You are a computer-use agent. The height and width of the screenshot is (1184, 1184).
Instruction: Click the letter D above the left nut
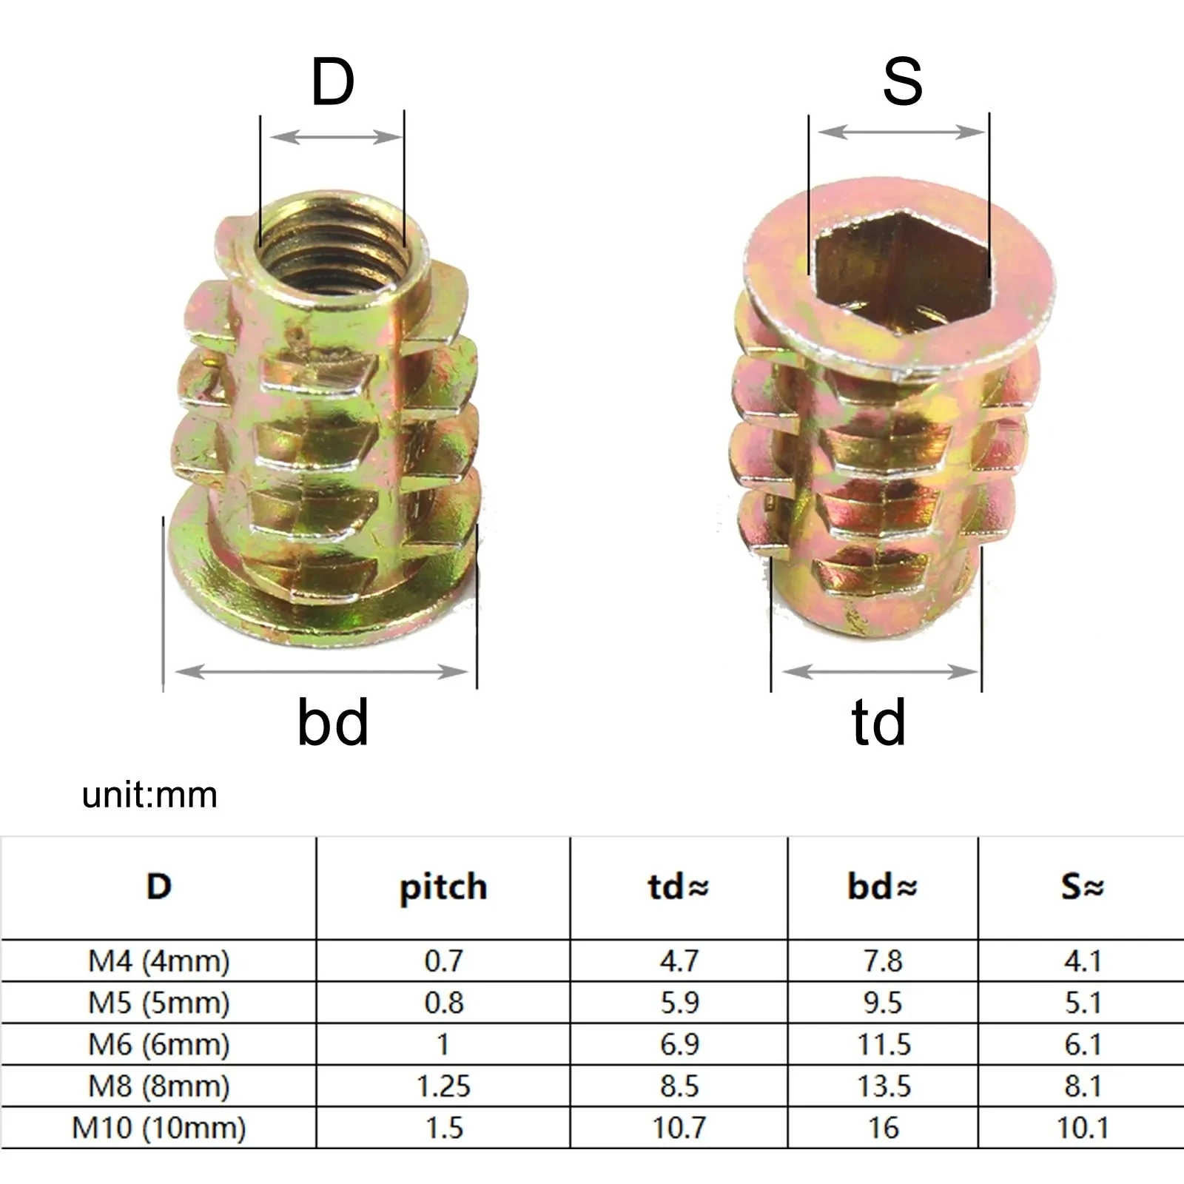[x=332, y=82]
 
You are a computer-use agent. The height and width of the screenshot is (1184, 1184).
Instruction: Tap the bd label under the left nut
[x=332, y=722]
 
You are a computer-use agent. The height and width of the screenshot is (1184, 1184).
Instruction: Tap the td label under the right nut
[x=878, y=722]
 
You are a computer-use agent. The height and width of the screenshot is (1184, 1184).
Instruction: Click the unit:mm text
[x=149, y=795]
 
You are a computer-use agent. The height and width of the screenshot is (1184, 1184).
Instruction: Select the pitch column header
[x=443, y=887]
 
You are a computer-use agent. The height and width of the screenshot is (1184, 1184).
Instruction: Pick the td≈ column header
[x=679, y=887]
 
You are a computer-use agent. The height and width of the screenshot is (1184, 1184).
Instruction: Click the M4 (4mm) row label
[x=159, y=961]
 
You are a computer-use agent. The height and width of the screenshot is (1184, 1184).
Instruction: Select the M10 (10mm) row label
[x=159, y=1128]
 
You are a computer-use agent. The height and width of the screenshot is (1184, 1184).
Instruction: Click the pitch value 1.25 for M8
[x=443, y=1086]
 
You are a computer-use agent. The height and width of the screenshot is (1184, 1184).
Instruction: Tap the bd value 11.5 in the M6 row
[x=884, y=1045]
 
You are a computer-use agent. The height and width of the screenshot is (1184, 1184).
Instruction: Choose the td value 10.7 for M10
[x=679, y=1128]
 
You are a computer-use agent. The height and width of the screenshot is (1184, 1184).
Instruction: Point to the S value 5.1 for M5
[x=1083, y=1003]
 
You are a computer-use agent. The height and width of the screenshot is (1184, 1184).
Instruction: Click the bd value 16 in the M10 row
[x=884, y=1128]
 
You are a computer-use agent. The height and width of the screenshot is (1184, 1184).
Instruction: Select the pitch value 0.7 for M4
[x=443, y=961]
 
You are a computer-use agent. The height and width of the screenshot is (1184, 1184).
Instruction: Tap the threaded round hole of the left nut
[x=333, y=252]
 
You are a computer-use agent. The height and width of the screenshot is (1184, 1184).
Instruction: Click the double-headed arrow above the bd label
[x=321, y=672]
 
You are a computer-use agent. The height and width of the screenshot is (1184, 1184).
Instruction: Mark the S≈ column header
[x=1082, y=887]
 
